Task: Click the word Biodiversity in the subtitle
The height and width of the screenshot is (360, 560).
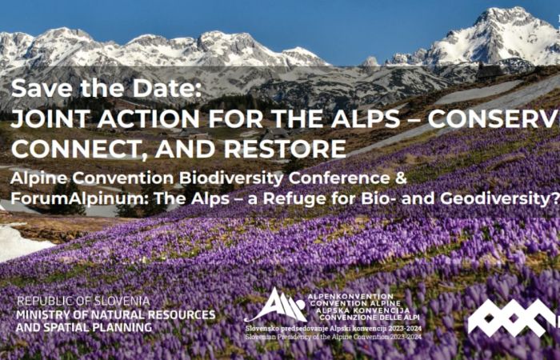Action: (x=233, y=178)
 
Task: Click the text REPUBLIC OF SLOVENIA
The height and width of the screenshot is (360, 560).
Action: (x=83, y=301)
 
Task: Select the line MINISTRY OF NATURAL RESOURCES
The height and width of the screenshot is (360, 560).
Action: (x=116, y=314)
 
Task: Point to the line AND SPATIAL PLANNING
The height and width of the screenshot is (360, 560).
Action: (x=84, y=328)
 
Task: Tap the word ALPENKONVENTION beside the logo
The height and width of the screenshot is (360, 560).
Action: (x=350, y=296)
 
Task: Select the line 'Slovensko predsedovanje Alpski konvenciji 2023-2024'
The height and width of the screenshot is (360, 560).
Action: (x=332, y=328)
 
